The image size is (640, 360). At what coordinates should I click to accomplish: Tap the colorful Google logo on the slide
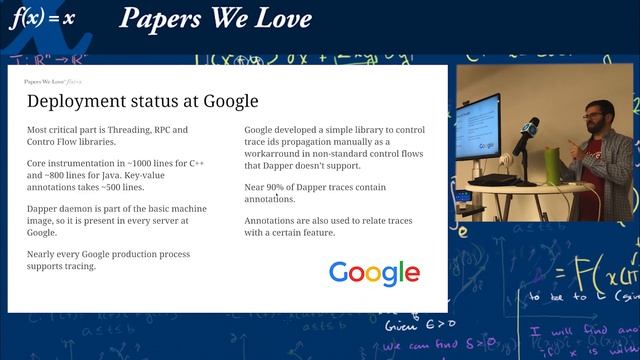pyautogui.click(x=374, y=273)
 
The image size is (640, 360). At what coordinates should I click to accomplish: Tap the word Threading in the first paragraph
pyautogui.click(x=131, y=131)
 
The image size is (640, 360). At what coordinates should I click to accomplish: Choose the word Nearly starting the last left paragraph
pyautogui.click(x=43, y=254)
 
